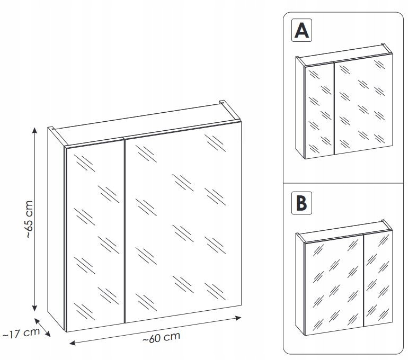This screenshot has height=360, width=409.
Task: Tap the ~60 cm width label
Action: point(162,337)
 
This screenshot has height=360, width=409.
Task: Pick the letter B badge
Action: point(301,202)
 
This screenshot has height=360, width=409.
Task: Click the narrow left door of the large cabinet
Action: point(94,233)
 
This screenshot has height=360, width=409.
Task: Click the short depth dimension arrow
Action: point(43,328)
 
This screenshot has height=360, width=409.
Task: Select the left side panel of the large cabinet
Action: point(56,228)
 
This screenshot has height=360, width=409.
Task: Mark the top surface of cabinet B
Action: point(344,228)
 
